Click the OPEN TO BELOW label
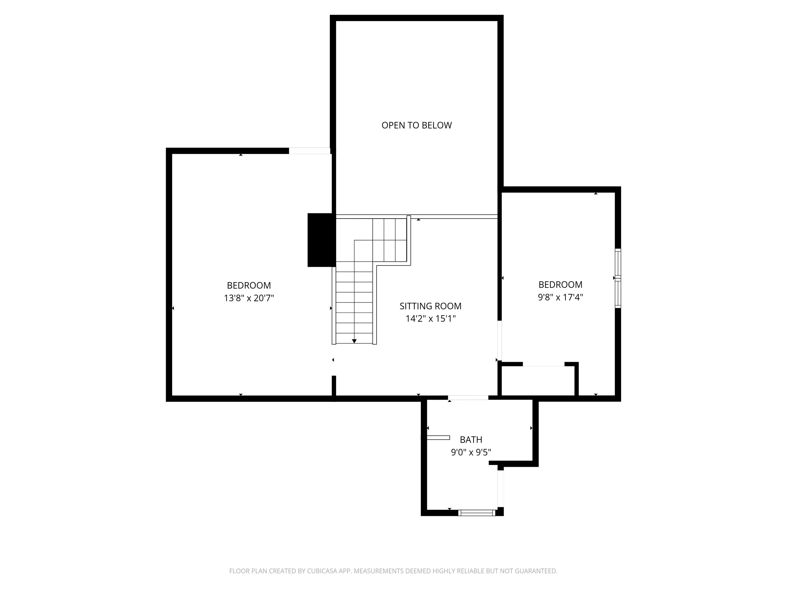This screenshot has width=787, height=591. [x=416, y=125]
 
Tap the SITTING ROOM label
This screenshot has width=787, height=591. [x=430, y=306]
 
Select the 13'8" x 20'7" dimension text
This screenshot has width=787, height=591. [x=249, y=298]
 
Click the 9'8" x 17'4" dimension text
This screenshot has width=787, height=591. [x=560, y=297]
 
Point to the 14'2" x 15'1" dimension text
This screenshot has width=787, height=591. [x=430, y=318]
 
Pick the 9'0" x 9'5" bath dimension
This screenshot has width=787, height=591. [x=471, y=452]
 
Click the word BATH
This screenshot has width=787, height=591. [x=471, y=440]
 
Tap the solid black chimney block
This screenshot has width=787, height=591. [x=321, y=240]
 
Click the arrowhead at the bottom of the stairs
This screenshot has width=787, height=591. [x=354, y=341]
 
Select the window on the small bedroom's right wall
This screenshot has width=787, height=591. [x=618, y=278]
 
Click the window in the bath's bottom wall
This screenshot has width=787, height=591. [x=476, y=513]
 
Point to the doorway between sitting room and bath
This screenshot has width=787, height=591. [x=468, y=398]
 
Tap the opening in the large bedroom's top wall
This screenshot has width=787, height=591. [x=309, y=151]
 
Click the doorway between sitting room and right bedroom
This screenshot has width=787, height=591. [x=499, y=341]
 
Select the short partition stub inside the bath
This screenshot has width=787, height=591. [x=438, y=437]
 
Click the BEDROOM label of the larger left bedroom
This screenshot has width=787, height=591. [x=249, y=285]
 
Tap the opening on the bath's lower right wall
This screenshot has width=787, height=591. [x=501, y=488]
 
